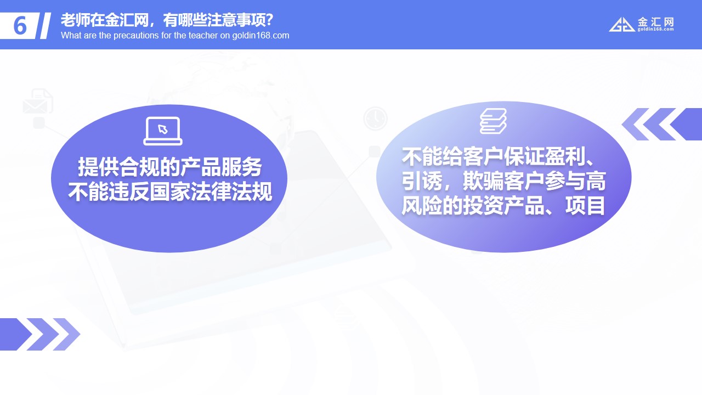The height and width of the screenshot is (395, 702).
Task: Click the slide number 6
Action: coord(20,26)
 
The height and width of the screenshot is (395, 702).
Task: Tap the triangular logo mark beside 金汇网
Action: coord(622,25)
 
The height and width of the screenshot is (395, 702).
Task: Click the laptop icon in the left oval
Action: coord(163,131)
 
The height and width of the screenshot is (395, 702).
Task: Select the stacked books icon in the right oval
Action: coord(493,121)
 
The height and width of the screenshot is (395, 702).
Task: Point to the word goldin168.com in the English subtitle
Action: coord(261,36)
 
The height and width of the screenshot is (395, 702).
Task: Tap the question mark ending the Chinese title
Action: coord(269,20)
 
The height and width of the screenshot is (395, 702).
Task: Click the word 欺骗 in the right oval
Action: coord(483,181)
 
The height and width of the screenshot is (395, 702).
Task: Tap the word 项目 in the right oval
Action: coord(585,206)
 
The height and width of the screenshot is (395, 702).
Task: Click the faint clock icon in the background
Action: coord(376,119)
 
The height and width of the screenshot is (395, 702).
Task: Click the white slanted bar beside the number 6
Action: coord(46,26)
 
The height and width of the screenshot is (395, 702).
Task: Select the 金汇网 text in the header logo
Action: coord(655,22)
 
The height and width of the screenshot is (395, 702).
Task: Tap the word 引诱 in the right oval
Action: coord(422,181)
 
